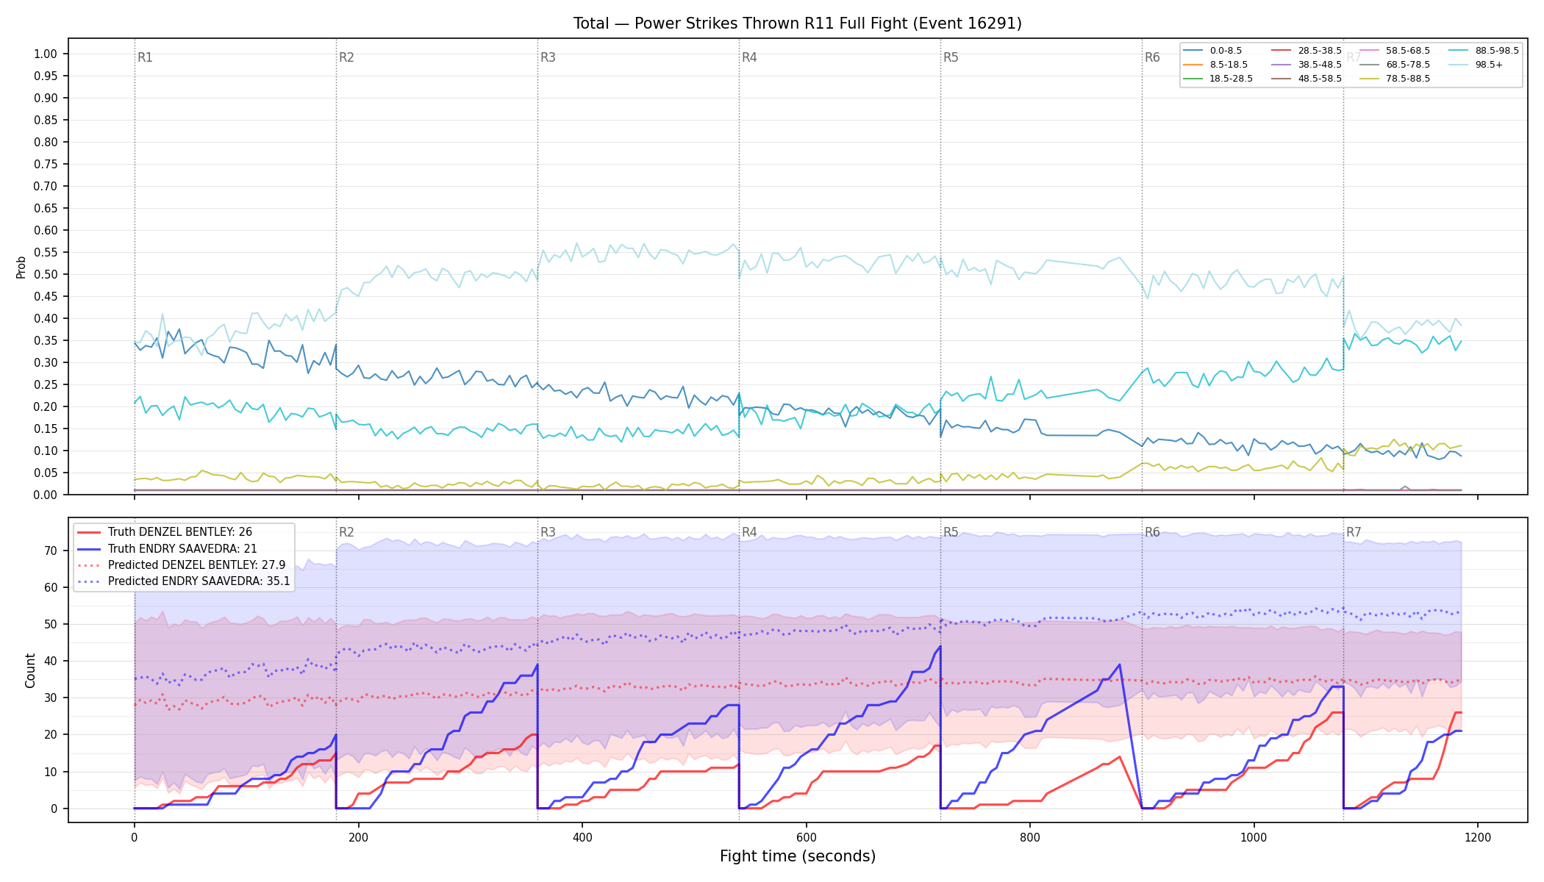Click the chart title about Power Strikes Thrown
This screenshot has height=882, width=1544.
coord(798,24)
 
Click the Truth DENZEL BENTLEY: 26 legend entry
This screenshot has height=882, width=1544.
coord(179,532)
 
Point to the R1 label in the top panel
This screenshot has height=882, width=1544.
coord(145,57)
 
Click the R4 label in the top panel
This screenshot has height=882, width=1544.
coord(749,57)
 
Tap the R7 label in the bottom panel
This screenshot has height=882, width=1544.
coord(1354,532)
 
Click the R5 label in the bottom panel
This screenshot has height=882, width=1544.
coord(951,532)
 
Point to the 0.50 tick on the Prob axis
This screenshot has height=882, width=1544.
coord(46,274)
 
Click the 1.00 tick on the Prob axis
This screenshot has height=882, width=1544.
coord(46,54)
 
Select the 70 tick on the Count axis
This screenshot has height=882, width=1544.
coord(51,551)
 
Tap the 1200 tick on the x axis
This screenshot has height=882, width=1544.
coord(1478,837)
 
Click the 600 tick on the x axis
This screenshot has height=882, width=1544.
coord(806,837)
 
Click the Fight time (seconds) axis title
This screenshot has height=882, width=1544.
coord(798,856)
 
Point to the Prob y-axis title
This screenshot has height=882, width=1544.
coord(21,267)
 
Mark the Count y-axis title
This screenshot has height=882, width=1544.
coord(30,670)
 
